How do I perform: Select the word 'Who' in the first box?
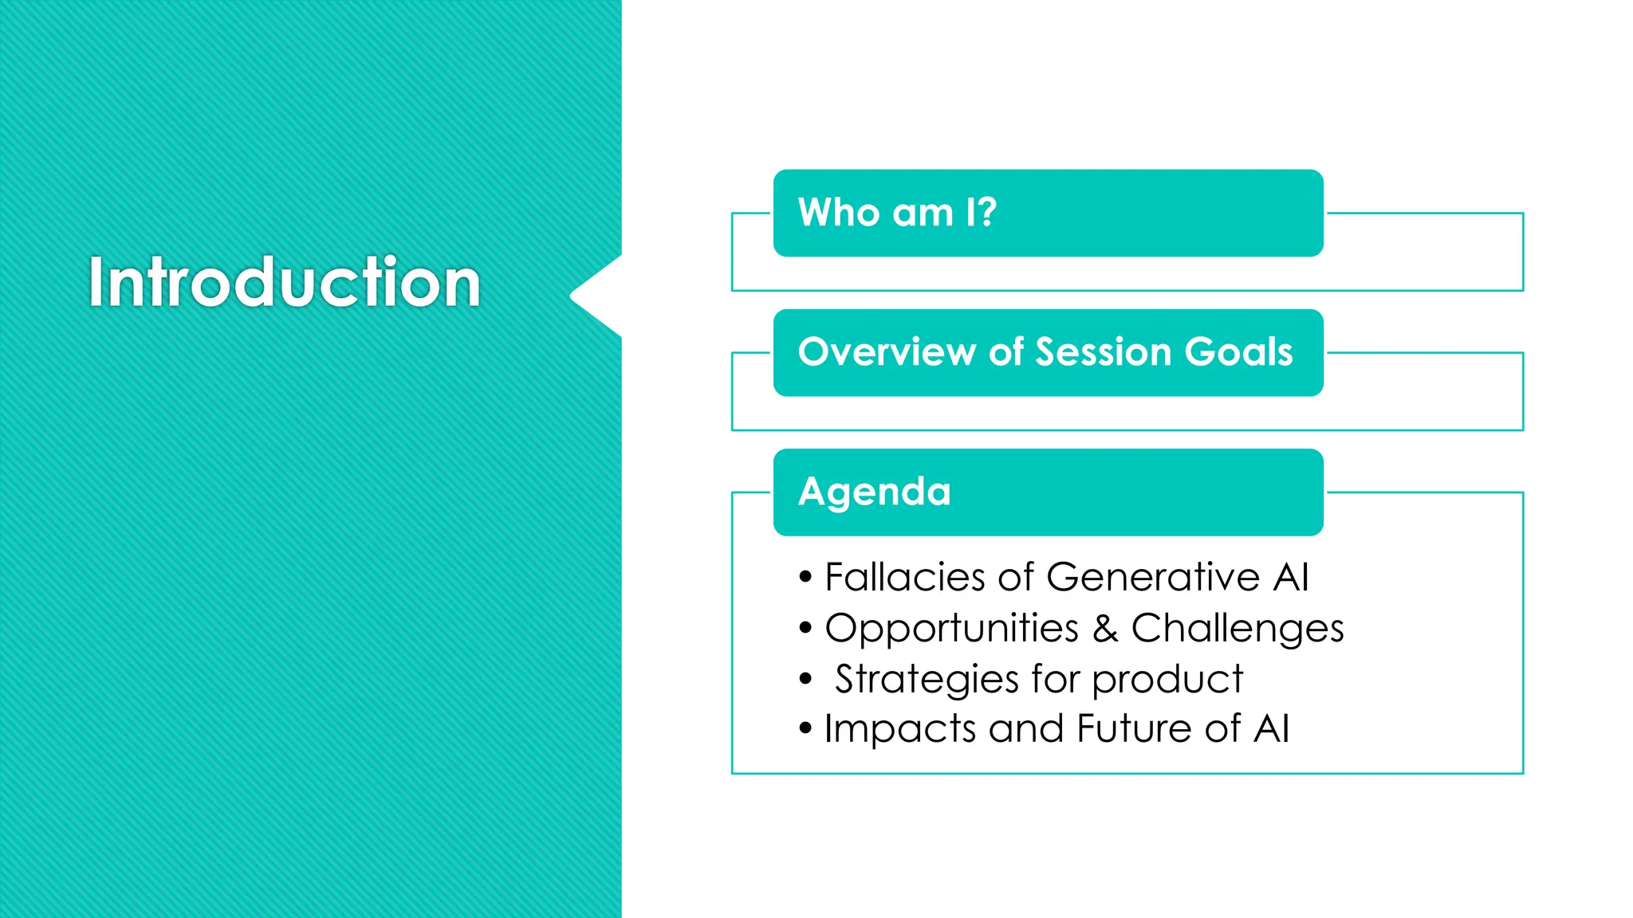click(838, 213)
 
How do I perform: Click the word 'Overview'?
click(886, 352)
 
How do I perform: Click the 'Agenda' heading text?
click(874, 492)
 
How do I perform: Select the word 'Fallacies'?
click(904, 577)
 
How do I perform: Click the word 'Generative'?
click(1153, 577)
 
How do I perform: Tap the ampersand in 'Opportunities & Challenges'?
click(1104, 628)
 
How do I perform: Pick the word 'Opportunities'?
click(951, 630)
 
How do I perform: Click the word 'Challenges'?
click(1237, 630)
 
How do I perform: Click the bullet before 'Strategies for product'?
click(805, 679)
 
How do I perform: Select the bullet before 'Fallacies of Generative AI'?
click(805, 576)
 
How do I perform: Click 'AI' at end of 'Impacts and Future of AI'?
click(1271, 728)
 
